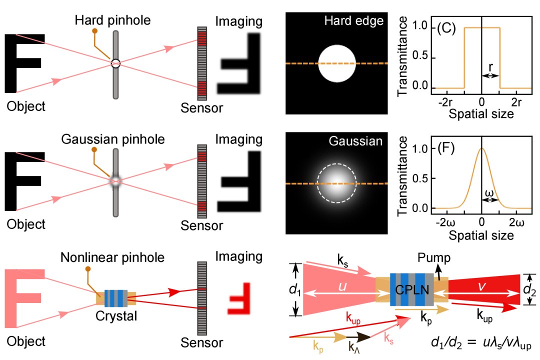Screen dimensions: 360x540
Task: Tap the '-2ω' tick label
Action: [x=445, y=222]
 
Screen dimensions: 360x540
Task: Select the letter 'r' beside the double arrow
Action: [x=490, y=65]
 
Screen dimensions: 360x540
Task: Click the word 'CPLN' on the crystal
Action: [x=411, y=289]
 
